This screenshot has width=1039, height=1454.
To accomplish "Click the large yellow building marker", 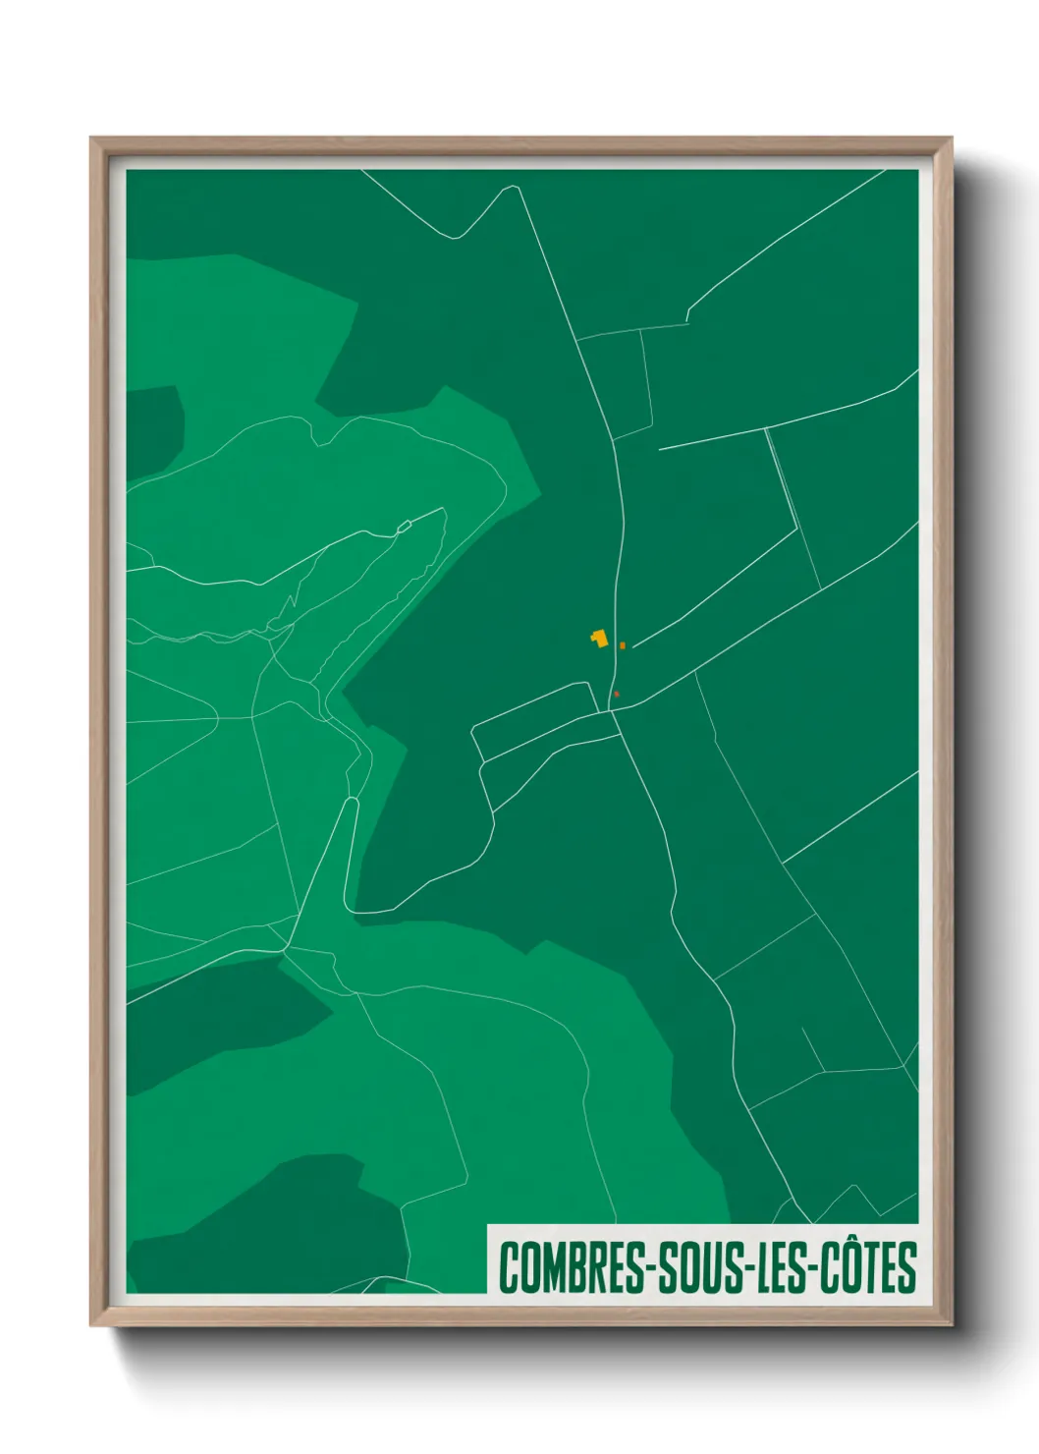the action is pos(597,639).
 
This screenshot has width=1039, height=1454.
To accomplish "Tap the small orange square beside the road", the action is pos(623,645).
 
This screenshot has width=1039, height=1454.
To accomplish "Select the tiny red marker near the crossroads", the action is pos(617,695).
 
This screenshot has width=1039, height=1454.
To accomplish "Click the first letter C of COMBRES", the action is pos(509,1267).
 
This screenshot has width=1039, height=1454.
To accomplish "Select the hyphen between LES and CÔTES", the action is pos(814,1269).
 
